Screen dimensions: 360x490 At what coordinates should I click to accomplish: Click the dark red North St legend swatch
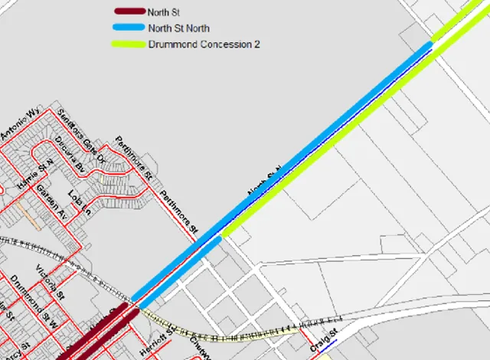pos(128,11)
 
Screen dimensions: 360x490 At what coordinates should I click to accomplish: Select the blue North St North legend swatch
pos(128,28)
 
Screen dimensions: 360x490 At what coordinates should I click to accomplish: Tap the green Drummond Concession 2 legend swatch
pos(128,44)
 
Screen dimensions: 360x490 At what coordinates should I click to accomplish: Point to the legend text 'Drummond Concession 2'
pos(204,44)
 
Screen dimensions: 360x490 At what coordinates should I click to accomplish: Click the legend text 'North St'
pos(158,11)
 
